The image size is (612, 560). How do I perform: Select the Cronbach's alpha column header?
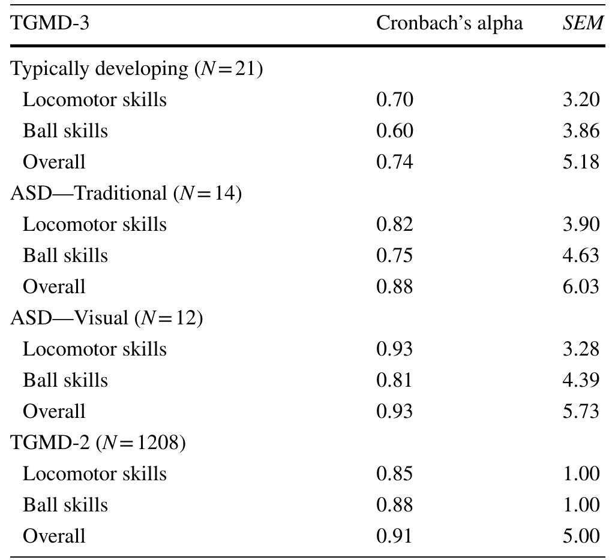click(449, 23)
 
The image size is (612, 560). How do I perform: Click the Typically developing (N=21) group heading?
click(137, 69)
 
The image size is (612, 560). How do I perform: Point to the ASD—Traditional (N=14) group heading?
click(126, 194)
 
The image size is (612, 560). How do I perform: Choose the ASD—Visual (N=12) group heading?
click(107, 318)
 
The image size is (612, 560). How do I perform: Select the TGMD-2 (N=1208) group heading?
click(98, 442)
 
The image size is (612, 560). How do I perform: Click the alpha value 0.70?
click(394, 100)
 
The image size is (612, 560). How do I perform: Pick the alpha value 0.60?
click(394, 131)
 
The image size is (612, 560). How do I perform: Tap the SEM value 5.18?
click(581, 162)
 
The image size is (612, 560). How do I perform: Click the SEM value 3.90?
click(581, 224)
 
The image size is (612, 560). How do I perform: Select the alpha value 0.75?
click(394, 255)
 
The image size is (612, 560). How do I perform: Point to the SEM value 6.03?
click(581, 287)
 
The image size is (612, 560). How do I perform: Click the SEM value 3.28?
click(581, 349)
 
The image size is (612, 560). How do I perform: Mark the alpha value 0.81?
click(394, 380)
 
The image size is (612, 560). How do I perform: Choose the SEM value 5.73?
click(581, 411)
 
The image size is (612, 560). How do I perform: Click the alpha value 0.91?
click(394, 536)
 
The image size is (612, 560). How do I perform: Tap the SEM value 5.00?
click(581, 536)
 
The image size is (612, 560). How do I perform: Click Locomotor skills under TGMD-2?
click(94, 474)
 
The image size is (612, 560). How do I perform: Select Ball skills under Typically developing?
click(65, 131)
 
